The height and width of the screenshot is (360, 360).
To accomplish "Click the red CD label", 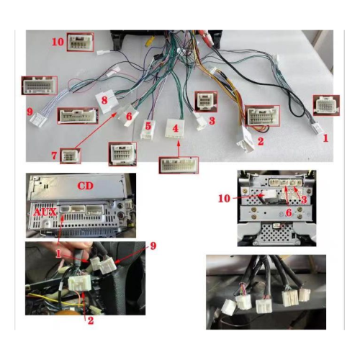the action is pos(85,186).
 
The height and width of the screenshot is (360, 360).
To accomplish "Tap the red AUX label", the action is pos(45,212).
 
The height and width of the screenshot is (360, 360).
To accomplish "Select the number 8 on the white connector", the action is pos(104,100).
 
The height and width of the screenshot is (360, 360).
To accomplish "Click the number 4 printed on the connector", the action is pos(176,129).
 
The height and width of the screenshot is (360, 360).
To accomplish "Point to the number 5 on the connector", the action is pos(148,126).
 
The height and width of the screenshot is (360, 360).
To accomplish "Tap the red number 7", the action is pos(54,156).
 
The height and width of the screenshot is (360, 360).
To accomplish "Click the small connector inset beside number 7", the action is pos(70,156).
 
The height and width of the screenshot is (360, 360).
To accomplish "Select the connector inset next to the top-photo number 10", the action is pos(80,42).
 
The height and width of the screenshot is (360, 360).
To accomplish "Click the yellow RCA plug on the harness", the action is pos(148,41).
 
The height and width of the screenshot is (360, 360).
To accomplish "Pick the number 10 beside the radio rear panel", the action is pos(224,199).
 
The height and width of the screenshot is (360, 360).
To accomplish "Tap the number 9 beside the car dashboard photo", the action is pos(153,246).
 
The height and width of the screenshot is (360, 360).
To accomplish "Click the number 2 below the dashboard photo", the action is pos(91,320).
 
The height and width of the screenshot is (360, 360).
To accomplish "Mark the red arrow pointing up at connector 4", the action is pos(179,149).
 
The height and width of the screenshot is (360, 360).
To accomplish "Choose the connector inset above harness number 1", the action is pos(326,105).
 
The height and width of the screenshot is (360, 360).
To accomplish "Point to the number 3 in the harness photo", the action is pos(212,121).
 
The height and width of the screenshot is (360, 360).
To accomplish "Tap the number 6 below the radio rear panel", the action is pos(289,212).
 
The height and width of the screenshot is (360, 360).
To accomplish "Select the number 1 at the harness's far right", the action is pos(325,138).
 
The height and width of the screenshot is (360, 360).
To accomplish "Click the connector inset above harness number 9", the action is pos(40,86).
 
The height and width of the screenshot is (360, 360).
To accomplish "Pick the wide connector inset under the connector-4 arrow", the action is pos(179,165).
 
